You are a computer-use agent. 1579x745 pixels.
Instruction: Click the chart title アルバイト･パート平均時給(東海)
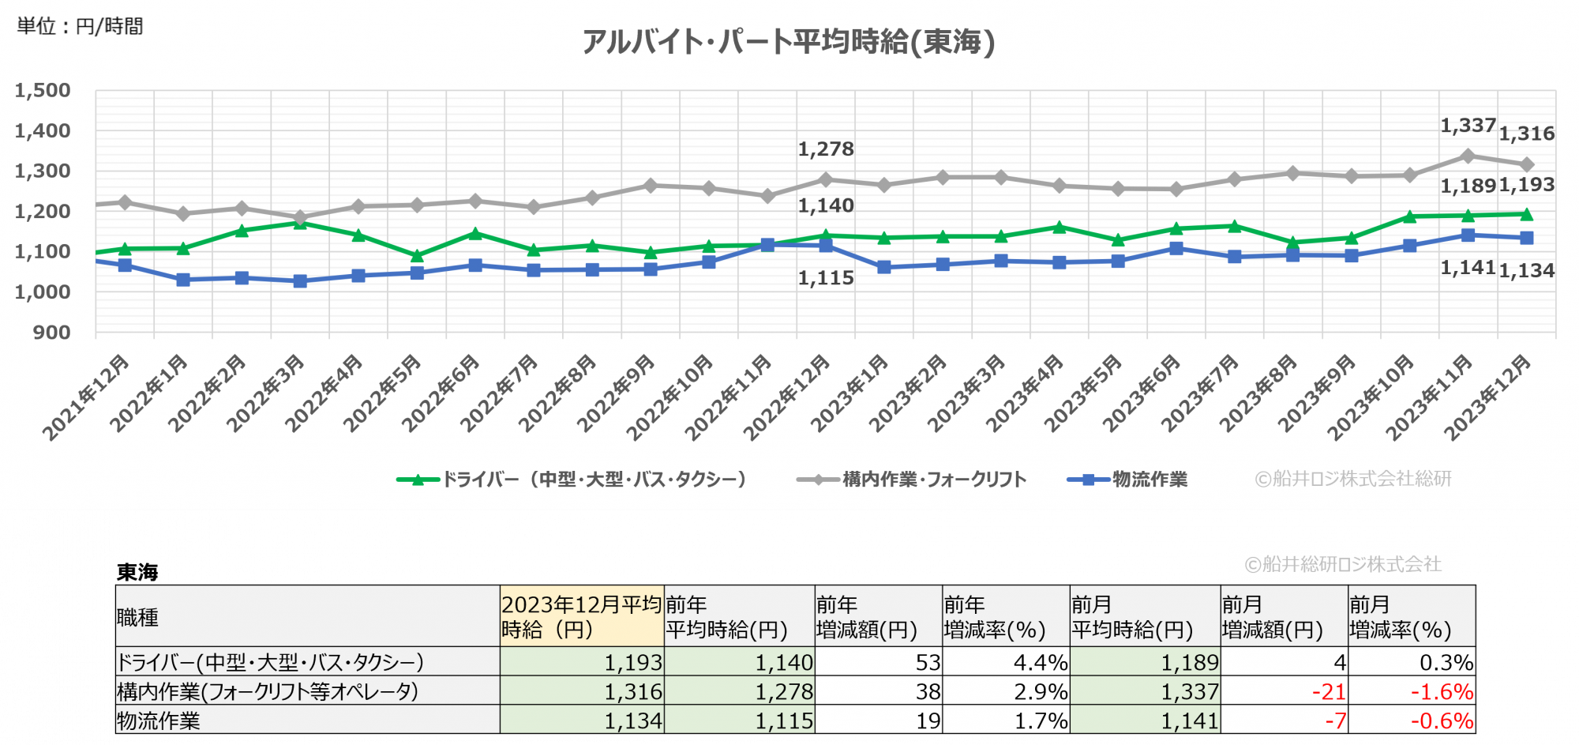[788, 41]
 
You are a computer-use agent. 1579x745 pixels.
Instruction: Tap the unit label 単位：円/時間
[80, 27]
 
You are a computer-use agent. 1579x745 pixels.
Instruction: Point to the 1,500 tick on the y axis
[43, 91]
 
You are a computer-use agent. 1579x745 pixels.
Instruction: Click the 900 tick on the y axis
[51, 333]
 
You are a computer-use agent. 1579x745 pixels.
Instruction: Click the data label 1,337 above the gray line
[1468, 126]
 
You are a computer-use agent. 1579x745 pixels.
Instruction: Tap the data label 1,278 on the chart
[826, 149]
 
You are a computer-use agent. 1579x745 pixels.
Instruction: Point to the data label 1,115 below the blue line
[826, 278]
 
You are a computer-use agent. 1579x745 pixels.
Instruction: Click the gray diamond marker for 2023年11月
[1468, 156]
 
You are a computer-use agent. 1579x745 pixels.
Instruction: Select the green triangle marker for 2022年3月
[300, 224]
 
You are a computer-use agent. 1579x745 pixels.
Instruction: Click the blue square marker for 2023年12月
[1527, 238]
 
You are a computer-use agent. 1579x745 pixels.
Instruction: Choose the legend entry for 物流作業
[1129, 480]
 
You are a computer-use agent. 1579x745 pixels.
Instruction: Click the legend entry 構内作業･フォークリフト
[913, 480]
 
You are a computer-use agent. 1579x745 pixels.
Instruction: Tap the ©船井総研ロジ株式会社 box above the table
[1344, 563]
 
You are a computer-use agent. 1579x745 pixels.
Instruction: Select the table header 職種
[138, 617]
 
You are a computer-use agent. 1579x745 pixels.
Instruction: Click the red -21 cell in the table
[1329, 691]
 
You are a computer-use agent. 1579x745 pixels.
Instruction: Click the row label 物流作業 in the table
[159, 721]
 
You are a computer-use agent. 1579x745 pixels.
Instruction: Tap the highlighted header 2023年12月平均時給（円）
[581, 617]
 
